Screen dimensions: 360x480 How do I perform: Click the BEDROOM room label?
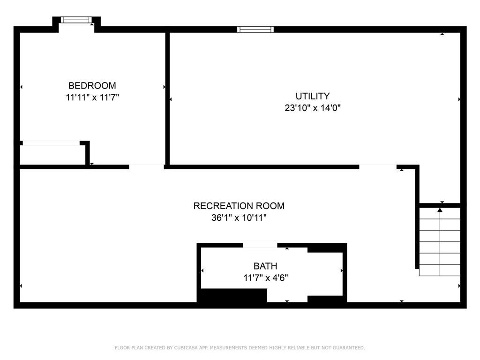click(x=92, y=86)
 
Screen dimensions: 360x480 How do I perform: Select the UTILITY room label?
click(x=312, y=96)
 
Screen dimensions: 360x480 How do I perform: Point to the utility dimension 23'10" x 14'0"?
click(x=312, y=108)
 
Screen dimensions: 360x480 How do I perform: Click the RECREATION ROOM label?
click(x=239, y=206)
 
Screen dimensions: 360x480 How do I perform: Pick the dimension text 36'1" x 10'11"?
click(x=239, y=217)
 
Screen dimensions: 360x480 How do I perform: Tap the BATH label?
click(x=265, y=266)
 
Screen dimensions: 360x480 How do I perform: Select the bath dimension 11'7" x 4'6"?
click(x=265, y=277)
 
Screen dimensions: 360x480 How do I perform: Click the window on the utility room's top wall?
click(x=255, y=30)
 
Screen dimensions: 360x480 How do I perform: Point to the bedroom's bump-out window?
click(x=76, y=20)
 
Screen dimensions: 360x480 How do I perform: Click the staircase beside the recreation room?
click(x=439, y=242)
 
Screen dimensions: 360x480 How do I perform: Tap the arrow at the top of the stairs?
click(x=440, y=210)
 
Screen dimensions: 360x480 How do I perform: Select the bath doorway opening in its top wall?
click(x=260, y=245)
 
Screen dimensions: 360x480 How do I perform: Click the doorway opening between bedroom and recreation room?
click(x=146, y=166)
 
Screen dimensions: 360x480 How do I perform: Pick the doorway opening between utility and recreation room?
click(x=378, y=166)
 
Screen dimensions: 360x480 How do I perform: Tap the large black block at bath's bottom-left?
click(x=232, y=296)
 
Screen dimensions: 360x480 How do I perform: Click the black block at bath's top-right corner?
click(x=326, y=248)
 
